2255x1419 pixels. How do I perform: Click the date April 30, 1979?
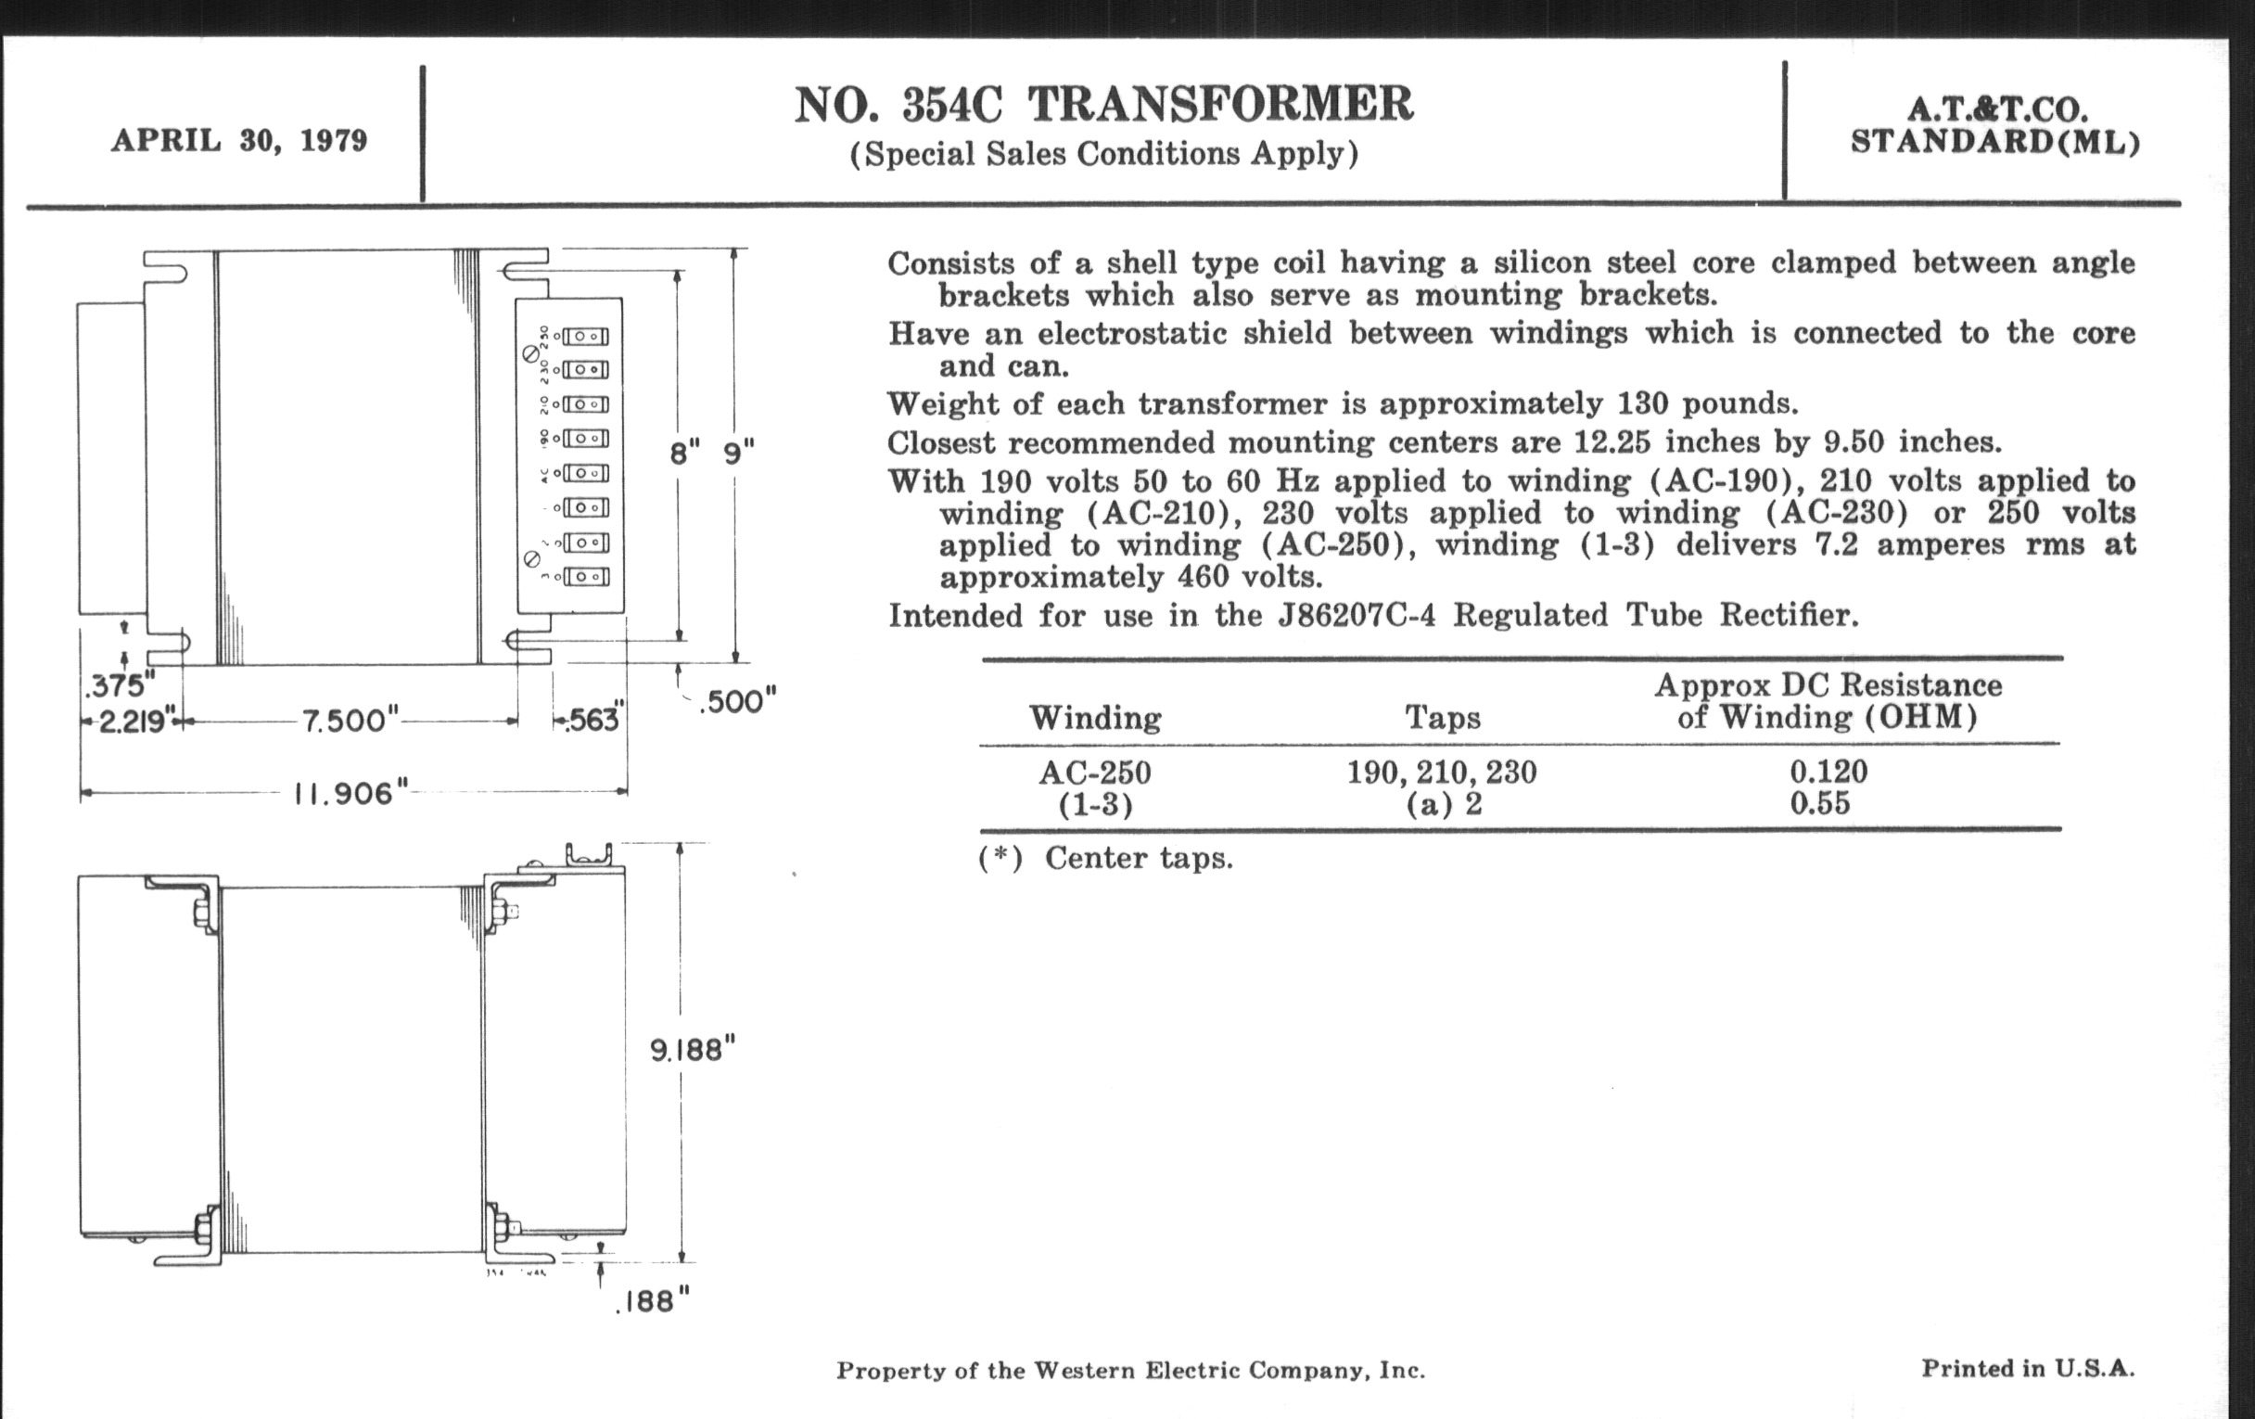click(239, 140)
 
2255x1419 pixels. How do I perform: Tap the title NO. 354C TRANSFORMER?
click(1103, 105)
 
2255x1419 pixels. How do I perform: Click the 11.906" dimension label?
click(351, 794)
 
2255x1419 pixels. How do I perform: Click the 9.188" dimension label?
click(693, 1050)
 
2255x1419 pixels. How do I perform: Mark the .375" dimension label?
click(119, 686)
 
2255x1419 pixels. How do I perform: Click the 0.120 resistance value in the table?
click(1828, 772)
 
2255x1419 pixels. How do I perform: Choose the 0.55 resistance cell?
click(1819, 803)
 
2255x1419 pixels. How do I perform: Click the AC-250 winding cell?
click(1095, 773)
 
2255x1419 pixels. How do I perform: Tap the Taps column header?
click(1442, 718)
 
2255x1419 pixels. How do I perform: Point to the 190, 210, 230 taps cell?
click(1441, 773)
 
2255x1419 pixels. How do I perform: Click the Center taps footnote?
click(1138, 858)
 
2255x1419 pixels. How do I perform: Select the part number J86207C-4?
click(1357, 616)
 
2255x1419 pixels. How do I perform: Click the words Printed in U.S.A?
click(2028, 1368)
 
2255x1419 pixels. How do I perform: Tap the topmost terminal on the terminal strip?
click(586, 337)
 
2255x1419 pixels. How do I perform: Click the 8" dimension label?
click(684, 454)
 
